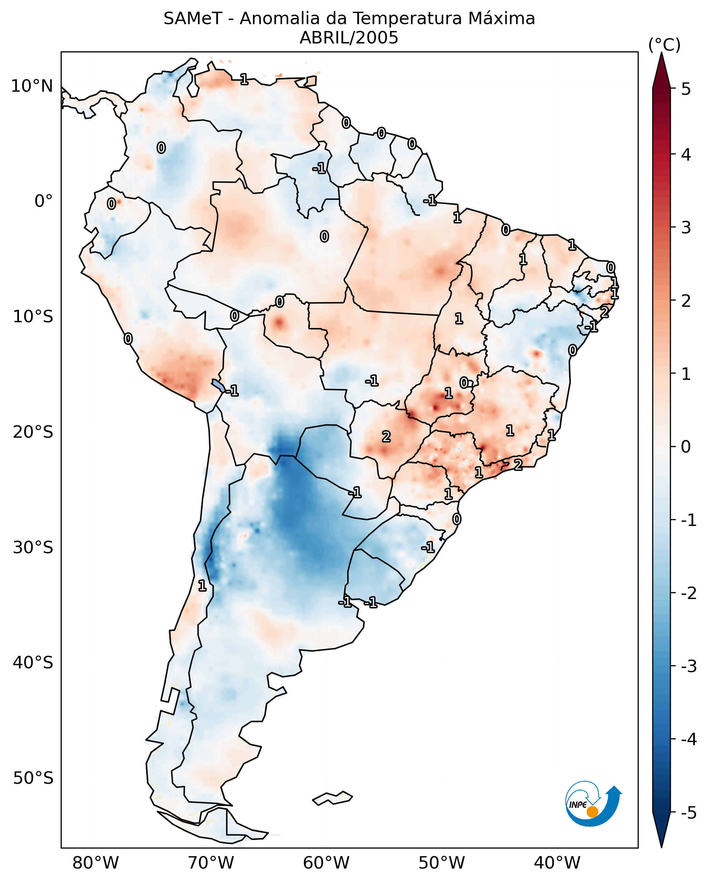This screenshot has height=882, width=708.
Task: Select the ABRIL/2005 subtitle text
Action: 349,38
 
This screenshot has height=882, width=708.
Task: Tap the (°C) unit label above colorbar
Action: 664,45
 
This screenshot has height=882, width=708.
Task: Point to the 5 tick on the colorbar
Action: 686,89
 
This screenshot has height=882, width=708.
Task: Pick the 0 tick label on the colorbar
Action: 686,446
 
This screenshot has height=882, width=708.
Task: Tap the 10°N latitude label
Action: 32,86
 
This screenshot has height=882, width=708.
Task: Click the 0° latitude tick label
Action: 43,201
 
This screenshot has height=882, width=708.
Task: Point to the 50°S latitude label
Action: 33,778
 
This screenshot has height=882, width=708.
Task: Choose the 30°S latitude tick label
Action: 33,547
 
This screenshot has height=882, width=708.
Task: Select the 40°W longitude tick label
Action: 557,863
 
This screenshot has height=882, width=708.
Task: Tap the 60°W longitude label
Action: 326,863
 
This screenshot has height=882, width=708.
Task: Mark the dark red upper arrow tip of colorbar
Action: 661,68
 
